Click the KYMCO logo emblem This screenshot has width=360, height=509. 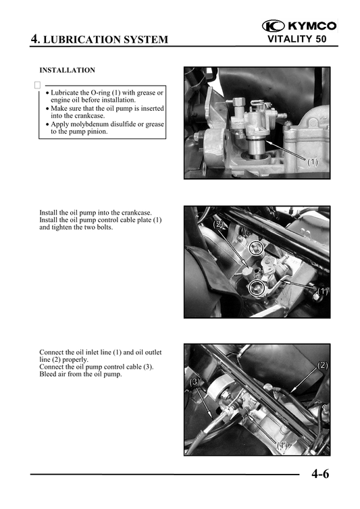coord(273,26)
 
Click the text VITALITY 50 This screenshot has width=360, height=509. coord(297,39)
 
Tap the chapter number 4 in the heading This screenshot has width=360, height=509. coord(34,39)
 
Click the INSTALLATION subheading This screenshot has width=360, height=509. coord(68,70)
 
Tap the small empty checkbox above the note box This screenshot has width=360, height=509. coord(37,85)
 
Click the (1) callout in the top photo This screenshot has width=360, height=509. coord(312,161)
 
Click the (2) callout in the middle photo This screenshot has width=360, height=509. coord(218,224)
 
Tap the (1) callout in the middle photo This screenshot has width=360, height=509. coord(322,291)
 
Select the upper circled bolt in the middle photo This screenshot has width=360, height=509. coord(256,248)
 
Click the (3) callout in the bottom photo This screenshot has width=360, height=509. coord(195,382)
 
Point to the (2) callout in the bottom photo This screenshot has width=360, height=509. coord(322,365)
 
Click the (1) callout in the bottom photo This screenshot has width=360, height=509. coord(282,446)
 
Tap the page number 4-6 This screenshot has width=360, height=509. coord(320,475)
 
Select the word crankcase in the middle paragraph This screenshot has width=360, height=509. coord(136,213)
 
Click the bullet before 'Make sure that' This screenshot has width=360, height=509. coord(47,109)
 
